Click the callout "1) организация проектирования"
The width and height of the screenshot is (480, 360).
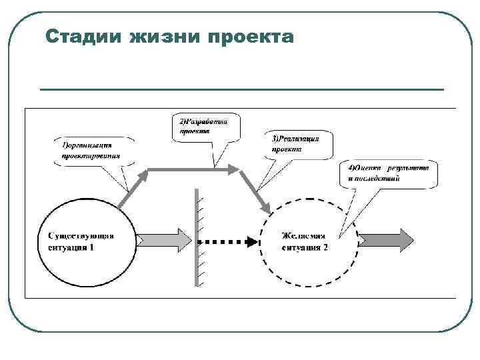(x=93, y=151)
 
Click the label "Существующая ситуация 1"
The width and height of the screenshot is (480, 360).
(x=81, y=241)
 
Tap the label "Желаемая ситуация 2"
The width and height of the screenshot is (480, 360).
(x=305, y=242)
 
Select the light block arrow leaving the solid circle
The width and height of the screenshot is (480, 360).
(x=164, y=239)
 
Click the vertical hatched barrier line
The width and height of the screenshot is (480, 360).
(x=197, y=237)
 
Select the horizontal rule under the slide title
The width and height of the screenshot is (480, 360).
(x=241, y=89)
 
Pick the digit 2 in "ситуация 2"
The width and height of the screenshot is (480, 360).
(x=325, y=247)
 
